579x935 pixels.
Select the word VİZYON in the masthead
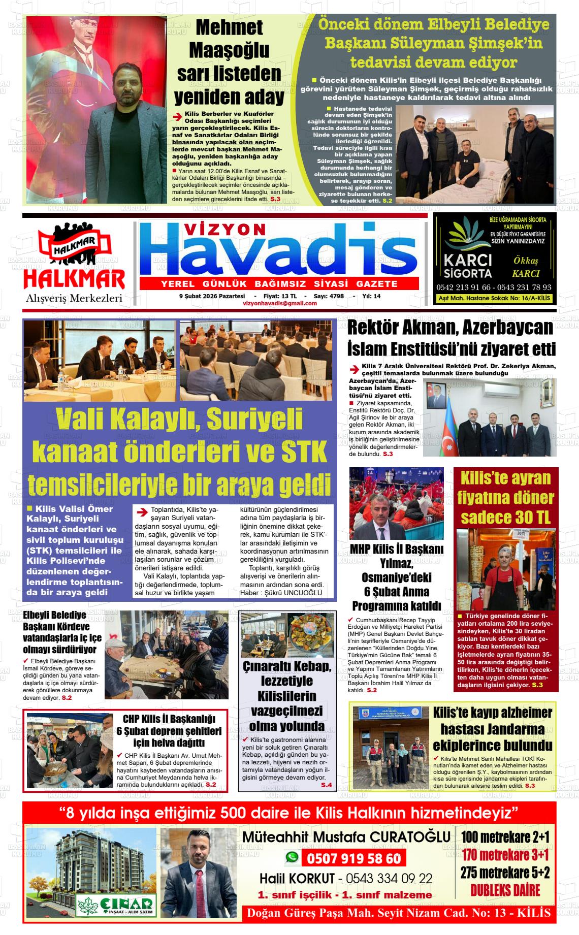229,230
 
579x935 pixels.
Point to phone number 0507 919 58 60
353,859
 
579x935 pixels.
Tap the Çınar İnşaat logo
115,904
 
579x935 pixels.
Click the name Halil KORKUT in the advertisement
297,879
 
